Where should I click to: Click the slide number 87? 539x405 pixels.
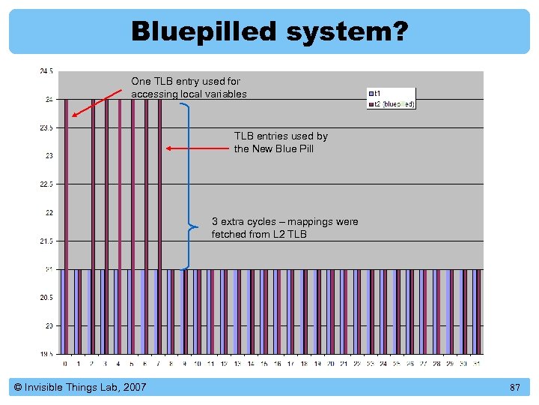pos(514,387)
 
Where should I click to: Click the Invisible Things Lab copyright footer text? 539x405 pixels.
pos(80,387)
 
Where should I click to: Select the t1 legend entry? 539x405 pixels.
pos(377,93)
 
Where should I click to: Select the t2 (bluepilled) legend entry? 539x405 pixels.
pos(393,103)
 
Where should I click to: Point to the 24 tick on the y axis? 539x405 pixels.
pos(47,99)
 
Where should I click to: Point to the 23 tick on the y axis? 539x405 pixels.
pos(47,156)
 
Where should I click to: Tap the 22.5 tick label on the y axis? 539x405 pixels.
pos(46,184)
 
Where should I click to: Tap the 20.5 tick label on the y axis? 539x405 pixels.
pos(46,298)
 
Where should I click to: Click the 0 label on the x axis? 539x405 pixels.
pos(66,363)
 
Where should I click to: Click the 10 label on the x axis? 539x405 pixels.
pos(198,363)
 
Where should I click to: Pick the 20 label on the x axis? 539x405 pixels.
pos(330,363)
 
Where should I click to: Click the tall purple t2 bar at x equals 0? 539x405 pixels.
pos(67,225)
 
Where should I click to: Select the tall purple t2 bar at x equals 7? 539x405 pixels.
pos(159,225)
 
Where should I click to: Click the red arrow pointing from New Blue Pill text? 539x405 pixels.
pos(197,148)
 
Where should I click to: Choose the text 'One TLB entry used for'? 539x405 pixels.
pos(185,81)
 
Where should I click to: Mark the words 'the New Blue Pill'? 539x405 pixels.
pos(274,148)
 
